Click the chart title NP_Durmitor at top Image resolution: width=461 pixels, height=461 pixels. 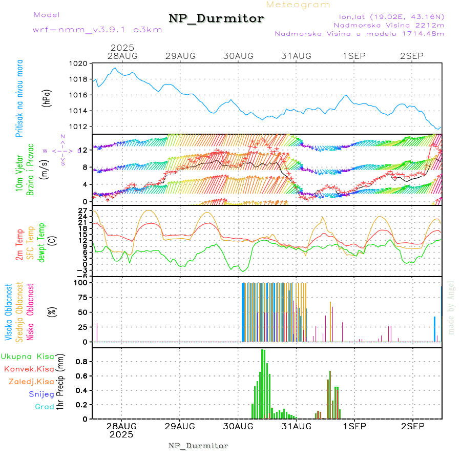[216, 19]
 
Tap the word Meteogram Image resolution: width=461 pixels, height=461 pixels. [298, 5]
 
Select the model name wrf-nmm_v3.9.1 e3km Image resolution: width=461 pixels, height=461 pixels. [97, 30]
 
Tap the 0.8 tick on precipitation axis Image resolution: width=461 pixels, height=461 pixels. [82, 361]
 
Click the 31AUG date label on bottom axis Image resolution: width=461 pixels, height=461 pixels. [296, 426]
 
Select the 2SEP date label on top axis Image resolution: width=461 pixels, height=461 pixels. [412, 55]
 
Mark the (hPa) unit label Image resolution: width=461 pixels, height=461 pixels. [47, 97]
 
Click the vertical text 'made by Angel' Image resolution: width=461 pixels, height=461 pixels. [451, 307]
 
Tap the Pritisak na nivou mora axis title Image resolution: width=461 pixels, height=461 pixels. [19, 98]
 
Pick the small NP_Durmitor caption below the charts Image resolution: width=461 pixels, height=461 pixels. [198, 446]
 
